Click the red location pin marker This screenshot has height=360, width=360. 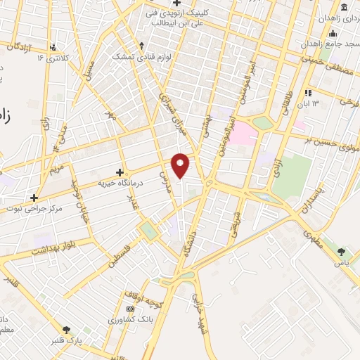click(x=181, y=165)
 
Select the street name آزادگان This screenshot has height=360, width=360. click(x=21, y=46)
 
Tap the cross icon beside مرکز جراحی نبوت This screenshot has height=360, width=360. click(x=34, y=198)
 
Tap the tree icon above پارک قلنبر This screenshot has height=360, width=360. click(x=67, y=329)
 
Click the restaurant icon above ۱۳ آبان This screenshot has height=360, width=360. click(x=307, y=93)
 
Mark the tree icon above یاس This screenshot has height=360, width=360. click(x=342, y=251)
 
